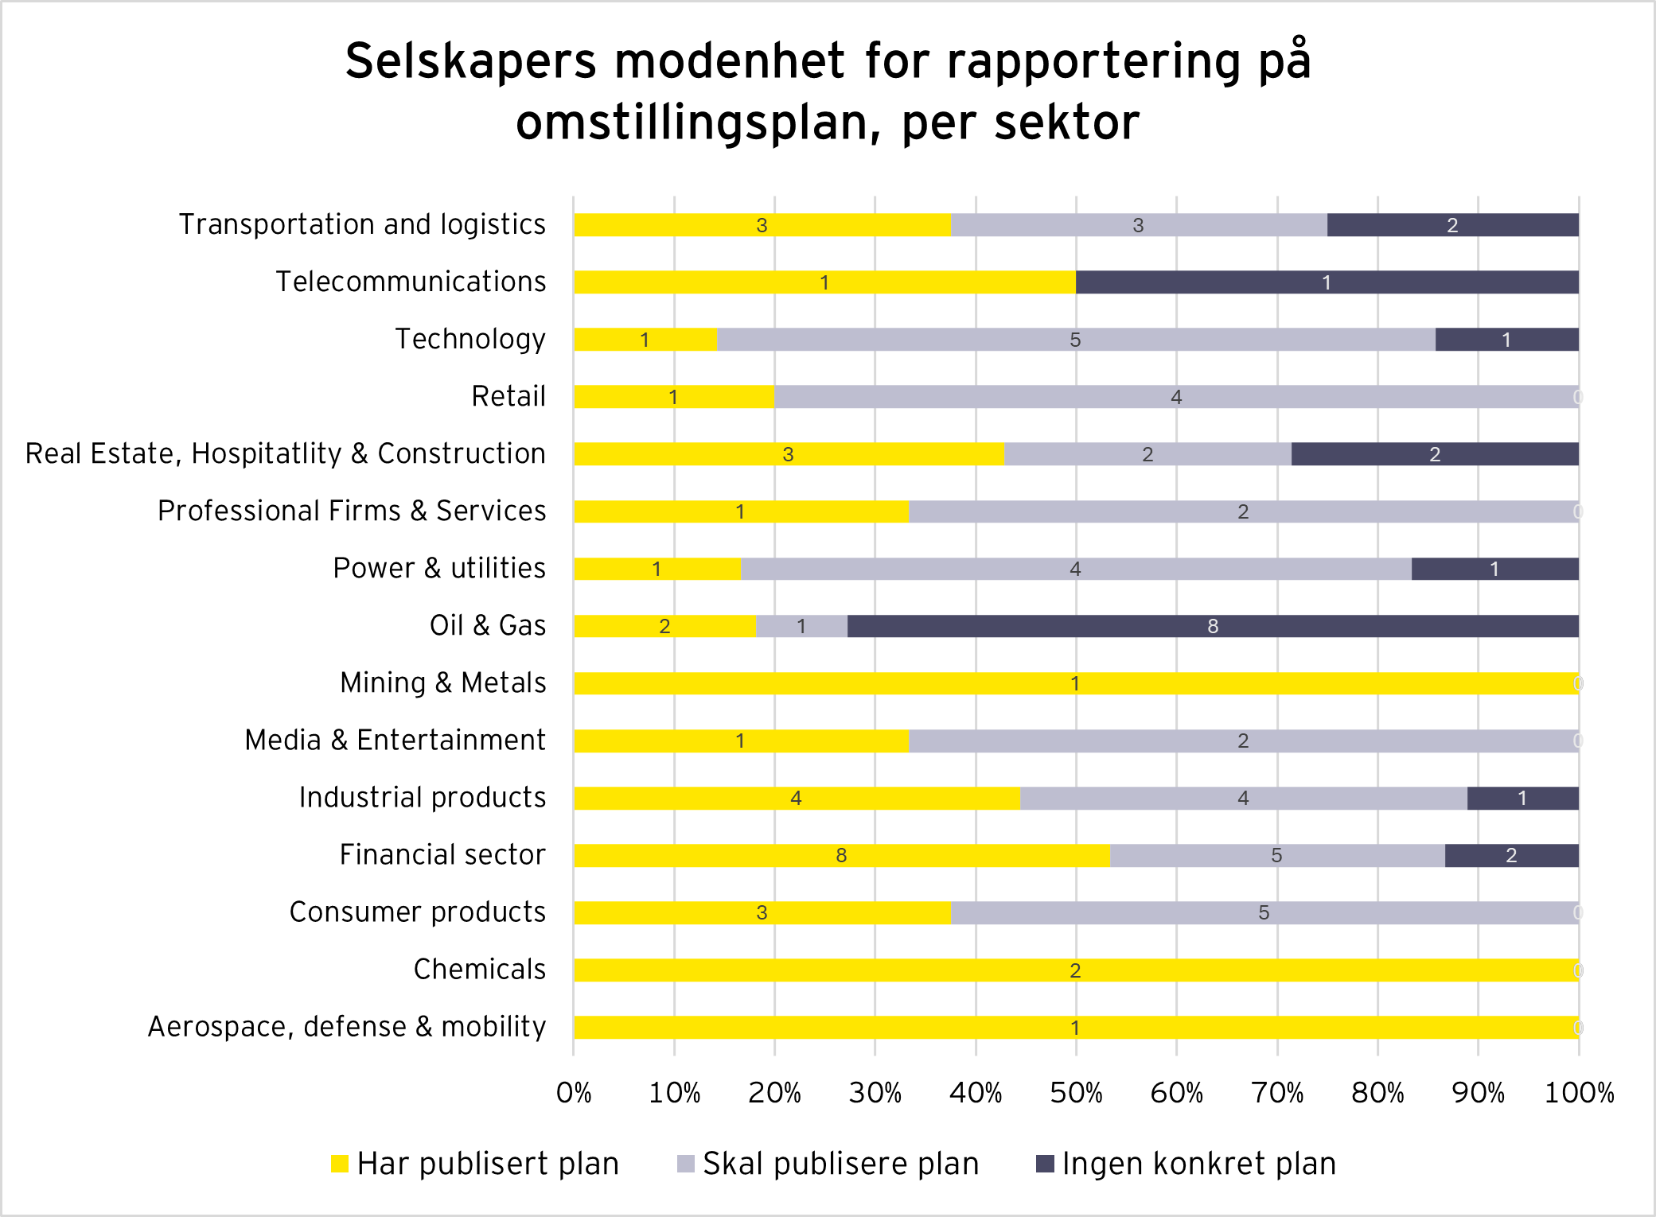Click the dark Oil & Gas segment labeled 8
1213,626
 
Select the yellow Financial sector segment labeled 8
841,855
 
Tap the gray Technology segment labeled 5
1075,340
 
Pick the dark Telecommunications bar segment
1327,282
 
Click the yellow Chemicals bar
1075,970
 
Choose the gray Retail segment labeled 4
1176,397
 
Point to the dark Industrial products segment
1522,798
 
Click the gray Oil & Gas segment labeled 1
801,626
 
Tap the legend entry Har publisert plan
475,1164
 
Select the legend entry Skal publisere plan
828,1164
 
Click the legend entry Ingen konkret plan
1186,1164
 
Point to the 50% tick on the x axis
1076,1093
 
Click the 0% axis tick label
574,1093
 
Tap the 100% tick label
1579,1093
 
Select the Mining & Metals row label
442,682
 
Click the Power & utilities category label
439,568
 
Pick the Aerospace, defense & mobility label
347,1026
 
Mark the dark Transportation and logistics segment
1452,225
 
